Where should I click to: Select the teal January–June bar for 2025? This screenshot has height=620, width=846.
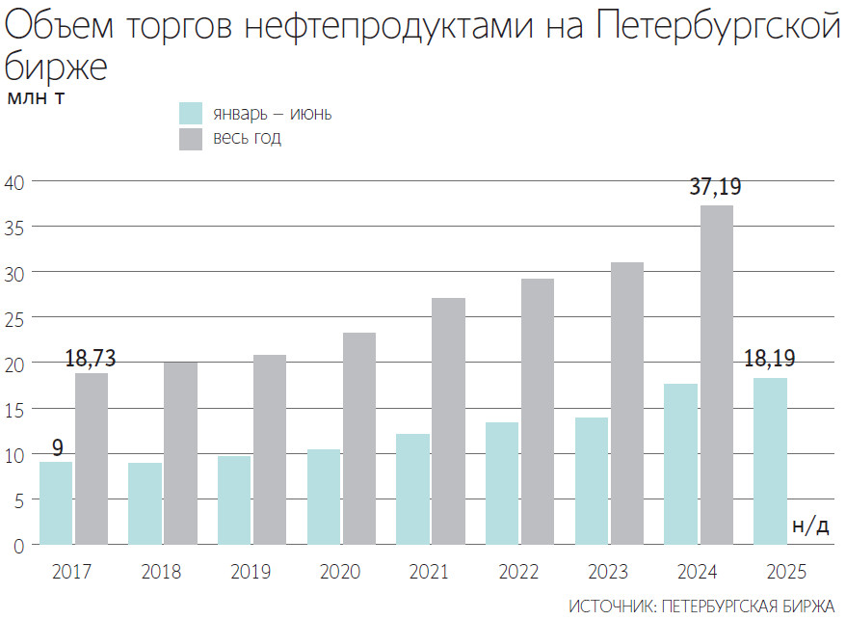770,461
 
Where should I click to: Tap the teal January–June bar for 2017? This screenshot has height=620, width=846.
56,503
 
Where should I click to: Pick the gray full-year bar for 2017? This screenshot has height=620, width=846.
92,459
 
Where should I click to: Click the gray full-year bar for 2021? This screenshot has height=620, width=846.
449,421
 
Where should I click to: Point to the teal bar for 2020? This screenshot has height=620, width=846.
323,497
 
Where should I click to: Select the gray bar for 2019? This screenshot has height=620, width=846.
270,449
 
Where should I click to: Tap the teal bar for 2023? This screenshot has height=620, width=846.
591,481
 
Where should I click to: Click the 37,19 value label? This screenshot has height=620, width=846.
715,188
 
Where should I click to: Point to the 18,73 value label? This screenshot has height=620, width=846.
92,358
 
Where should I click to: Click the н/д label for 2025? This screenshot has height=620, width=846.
809,526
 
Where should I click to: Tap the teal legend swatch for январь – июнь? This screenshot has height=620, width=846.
191,113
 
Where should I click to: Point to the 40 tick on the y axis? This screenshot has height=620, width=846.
16,181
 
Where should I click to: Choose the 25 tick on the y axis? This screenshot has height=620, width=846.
16,318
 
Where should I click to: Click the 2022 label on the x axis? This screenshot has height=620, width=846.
519,572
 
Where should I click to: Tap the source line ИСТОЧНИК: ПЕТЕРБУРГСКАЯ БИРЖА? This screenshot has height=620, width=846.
701,606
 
